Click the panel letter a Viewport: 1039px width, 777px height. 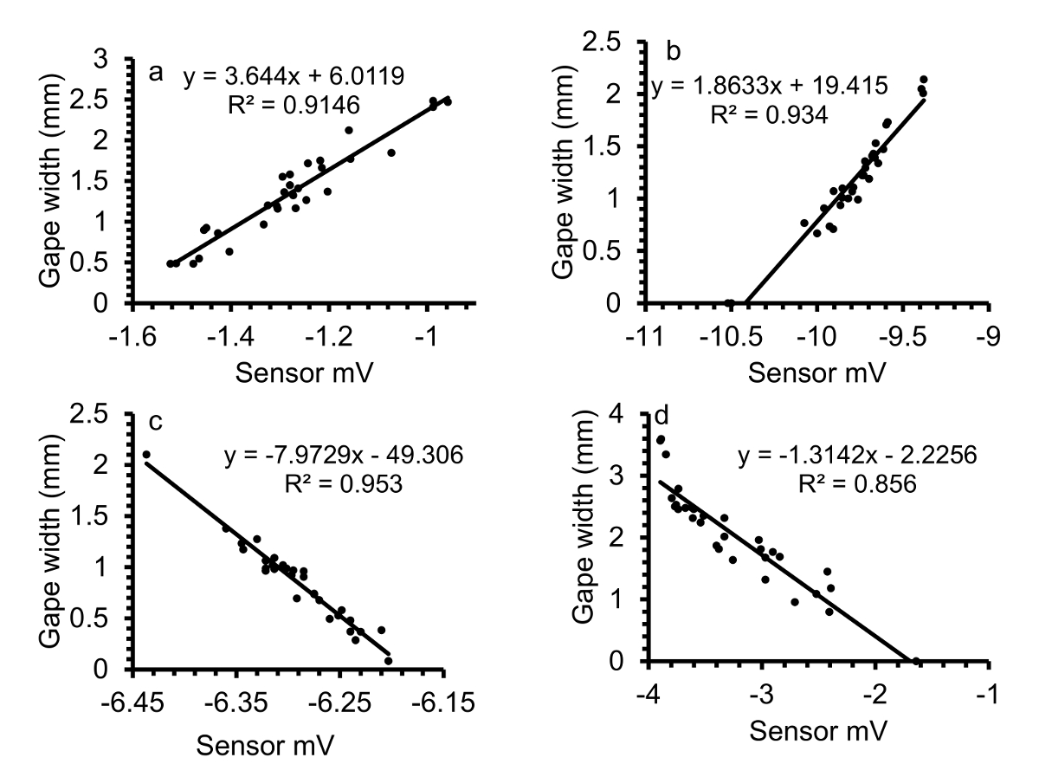(156, 73)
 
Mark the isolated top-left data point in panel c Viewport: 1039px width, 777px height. (146, 455)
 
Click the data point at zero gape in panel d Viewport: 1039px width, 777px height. (917, 662)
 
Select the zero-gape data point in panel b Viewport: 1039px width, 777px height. (729, 303)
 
